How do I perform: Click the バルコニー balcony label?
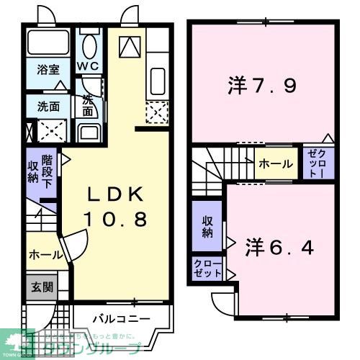click(121, 318)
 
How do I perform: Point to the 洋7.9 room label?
click(263, 86)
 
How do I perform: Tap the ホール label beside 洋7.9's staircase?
click(276, 164)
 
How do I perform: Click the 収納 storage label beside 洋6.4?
click(207, 227)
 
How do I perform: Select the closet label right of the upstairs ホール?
click(318, 164)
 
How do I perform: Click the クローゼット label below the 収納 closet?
click(207, 269)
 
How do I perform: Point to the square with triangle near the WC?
click(130, 46)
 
